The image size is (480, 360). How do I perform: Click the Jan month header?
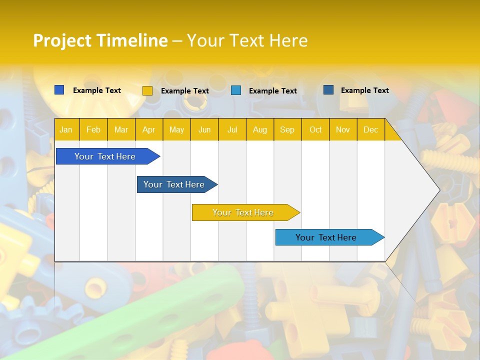pos(66,129)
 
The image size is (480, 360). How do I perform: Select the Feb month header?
pos(93,129)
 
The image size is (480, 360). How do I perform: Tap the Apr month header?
pos(148,129)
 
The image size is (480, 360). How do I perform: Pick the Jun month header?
pos(204,129)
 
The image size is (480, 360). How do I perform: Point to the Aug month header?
pos(259,129)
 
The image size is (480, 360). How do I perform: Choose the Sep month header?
pos(287,129)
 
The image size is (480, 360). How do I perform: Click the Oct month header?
pos(315,129)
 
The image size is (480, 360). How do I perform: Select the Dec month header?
pos(370,129)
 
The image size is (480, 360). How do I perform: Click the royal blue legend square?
pos(59,90)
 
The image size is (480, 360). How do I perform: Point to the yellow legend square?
pos(147,90)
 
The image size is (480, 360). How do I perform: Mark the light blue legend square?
pos(236,90)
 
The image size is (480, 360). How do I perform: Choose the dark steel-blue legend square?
pos(328,90)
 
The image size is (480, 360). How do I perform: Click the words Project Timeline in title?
pos(100,40)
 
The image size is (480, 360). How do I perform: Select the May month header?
pos(176,129)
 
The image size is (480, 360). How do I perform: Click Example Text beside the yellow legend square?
pos(184,91)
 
